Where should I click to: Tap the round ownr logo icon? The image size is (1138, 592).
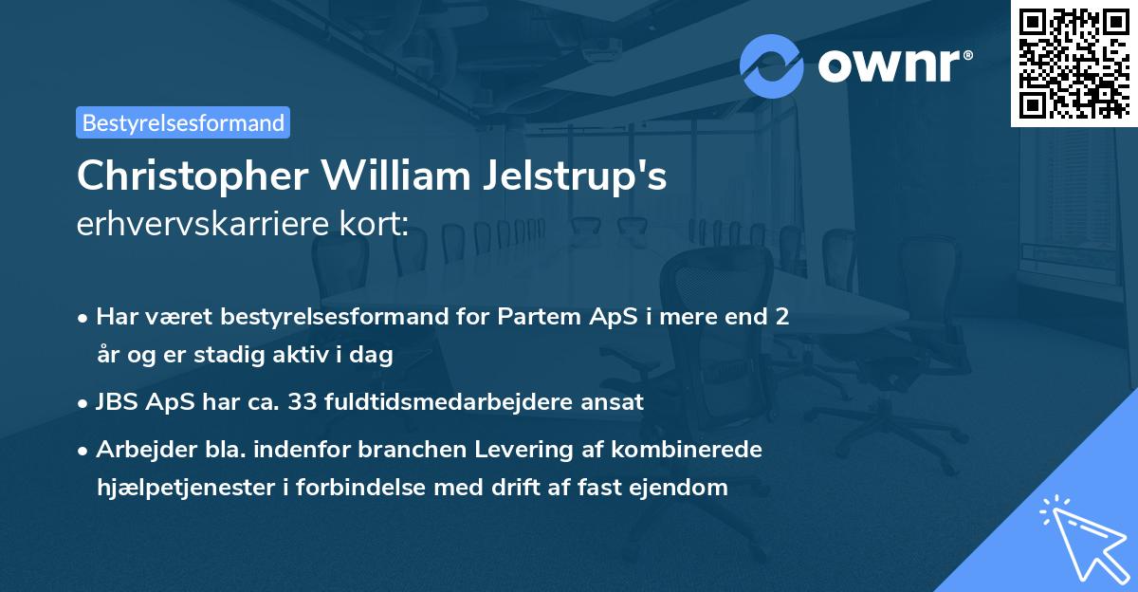[x=771, y=66]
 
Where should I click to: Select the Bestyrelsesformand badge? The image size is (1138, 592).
[x=183, y=122]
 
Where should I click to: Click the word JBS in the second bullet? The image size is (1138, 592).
[x=116, y=401]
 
